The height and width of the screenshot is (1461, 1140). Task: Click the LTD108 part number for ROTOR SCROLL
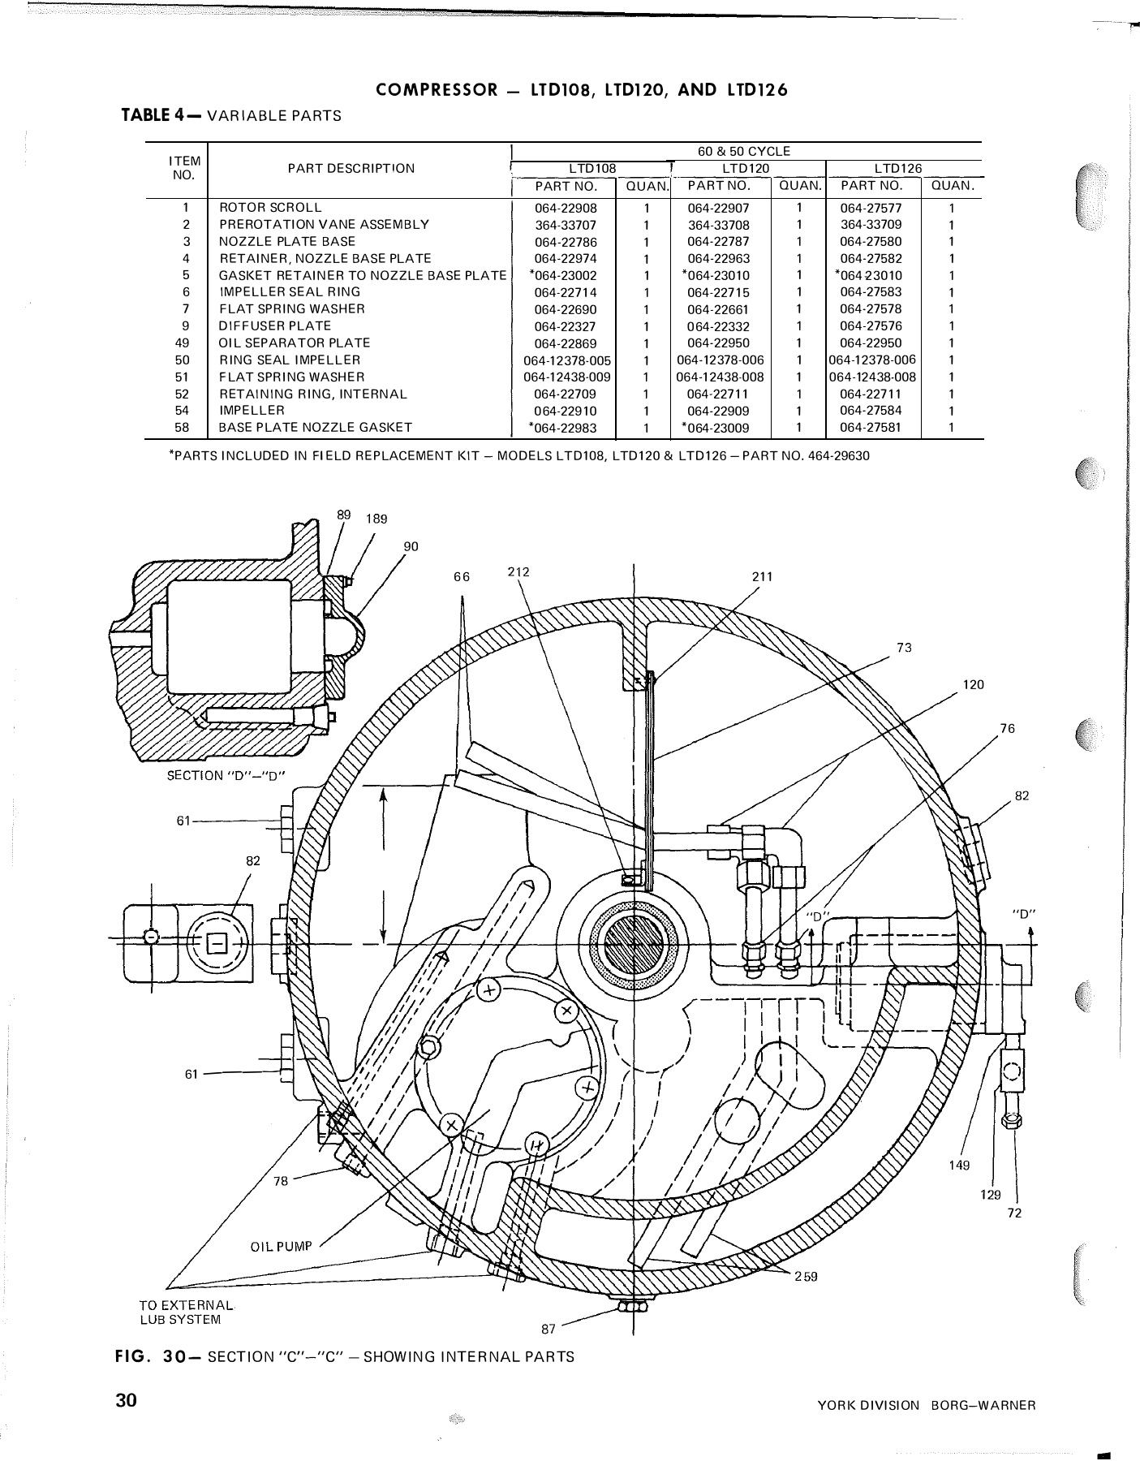pyautogui.click(x=566, y=208)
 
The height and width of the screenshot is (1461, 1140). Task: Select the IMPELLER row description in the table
pyautogui.click(x=252, y=411)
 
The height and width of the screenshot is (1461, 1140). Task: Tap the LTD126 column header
pyautogui.click(x=897, y=169)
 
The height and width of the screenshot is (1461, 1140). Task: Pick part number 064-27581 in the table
pyautogui.click(x=871, y=428)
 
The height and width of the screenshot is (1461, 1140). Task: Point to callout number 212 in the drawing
pyautogui.click(x=518, y=571)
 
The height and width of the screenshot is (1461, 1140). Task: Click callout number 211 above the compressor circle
pyautogui.click(x=762, y=576)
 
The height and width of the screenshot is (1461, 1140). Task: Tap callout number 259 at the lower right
pyautogui.click(x=806, y=1277)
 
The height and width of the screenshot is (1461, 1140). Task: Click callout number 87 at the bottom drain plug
pyautogui.click(x=548, y=1330)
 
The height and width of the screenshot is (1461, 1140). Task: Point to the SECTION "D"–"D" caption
pyautogui.click(x=227, y=775)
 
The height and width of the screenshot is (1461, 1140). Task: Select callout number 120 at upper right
pyautogui.click(x=973, y=684)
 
